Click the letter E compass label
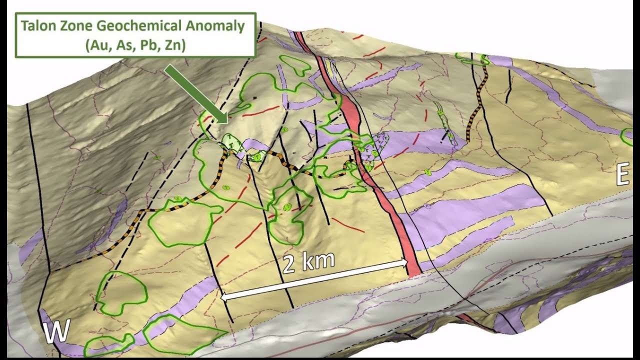(x=622, y=175)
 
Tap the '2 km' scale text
(x=308, y=262)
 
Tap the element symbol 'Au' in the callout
(x=95, y=45)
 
